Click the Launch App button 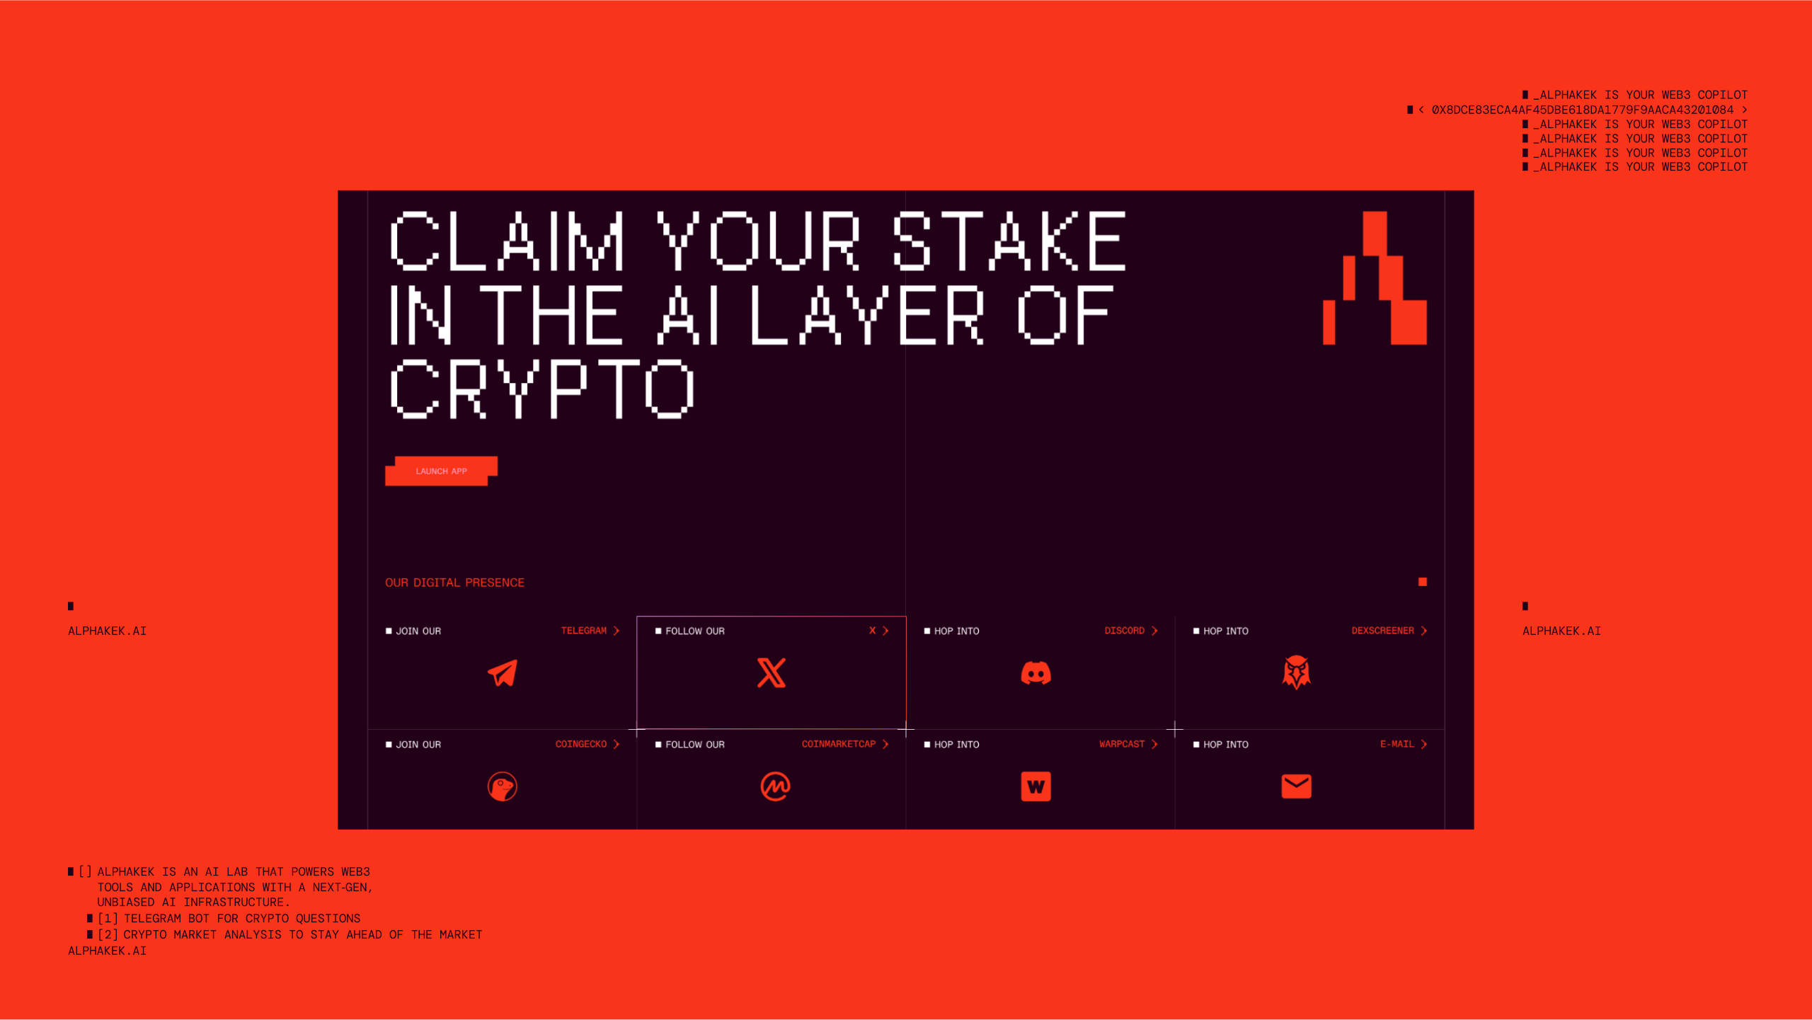point(441,471)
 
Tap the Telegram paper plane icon point(503,672)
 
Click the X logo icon point(772,672)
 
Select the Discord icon point(1036,672)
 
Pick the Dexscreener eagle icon point(1296,672)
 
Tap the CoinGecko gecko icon point(503,786)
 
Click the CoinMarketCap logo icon point(775,786)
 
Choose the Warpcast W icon point(1036,786)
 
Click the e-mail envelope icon point(1296,786)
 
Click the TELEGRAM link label point(584,631)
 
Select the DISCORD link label point(1124,631)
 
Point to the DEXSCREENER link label point(1382,631)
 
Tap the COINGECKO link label point(581,745)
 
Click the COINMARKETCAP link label point(839,745)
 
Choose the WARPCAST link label point(1122,745)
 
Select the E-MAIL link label point(1397,745)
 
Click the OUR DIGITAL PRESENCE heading point(454,583)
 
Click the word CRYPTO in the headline point(542,389)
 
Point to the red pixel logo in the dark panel point(1375,278)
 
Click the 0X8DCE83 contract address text point(1583,110)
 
